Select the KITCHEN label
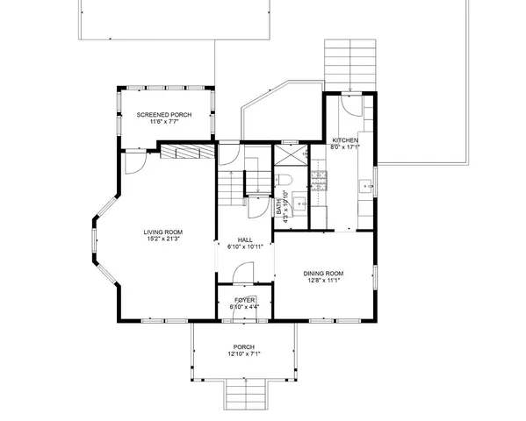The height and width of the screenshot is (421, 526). [344, 141]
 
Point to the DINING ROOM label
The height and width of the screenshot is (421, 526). [323, 274]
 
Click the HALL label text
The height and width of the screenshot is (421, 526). [246, 239]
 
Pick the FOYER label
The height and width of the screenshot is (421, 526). [244, 300]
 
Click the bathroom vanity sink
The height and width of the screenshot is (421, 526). [299, 205]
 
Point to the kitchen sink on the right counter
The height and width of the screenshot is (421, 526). [368, 186]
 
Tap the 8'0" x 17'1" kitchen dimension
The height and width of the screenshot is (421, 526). [344, 148]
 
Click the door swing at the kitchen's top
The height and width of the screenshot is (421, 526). [350, 105]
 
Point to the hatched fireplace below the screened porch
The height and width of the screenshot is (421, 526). [187, 153]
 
